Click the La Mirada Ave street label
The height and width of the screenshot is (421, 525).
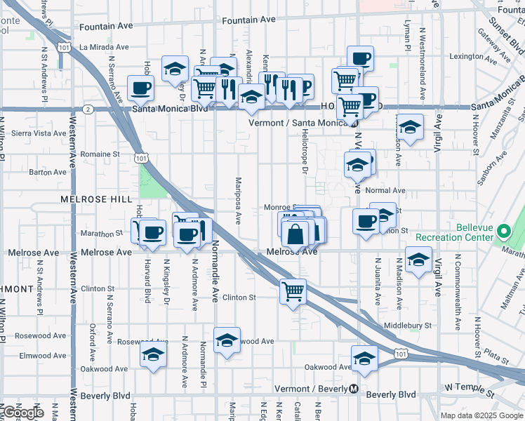(x=104, y=47)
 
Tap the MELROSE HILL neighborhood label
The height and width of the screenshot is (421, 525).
(x=96, y=199)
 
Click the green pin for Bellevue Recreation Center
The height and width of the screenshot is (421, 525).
(x=504, y=231)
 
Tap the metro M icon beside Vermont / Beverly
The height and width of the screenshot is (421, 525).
(x=354, y=389)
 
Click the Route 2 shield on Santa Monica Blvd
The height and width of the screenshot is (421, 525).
(x=88, y=109)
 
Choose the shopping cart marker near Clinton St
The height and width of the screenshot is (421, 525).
(x=293, y=291)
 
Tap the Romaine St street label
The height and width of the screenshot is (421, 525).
(x=95, y=154)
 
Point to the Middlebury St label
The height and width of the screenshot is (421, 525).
(x=408, y=326)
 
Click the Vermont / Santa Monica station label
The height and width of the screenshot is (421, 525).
(x=299, y=123)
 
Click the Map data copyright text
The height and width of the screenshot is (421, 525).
(x=481, y=415)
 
